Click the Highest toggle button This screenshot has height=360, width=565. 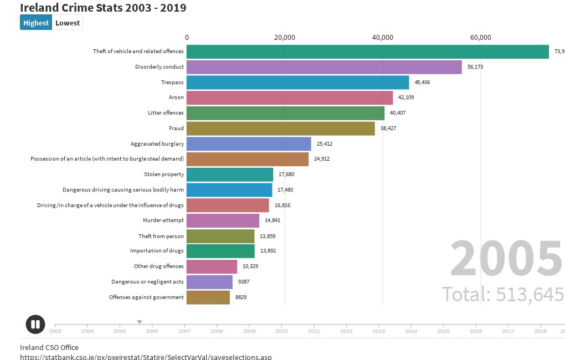pos(36,23)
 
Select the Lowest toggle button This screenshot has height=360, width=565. pos(68,23)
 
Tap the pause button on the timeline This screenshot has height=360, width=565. pos(35,325)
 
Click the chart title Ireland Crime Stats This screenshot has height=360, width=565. pos(103,8)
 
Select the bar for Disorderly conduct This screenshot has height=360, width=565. pos(324,67)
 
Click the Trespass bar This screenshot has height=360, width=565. pos(297,83)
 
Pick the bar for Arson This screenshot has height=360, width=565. pos(290,98)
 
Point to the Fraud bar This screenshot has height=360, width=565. pos(280,128)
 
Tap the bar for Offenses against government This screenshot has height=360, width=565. pos(208,297)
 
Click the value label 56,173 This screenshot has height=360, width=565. pos(475,67)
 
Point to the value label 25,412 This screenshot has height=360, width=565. pos(325,144)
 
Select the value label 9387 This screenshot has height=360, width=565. pos(244,282)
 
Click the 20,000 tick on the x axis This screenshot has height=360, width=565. pos(284,38)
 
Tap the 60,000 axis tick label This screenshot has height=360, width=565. pos(480,38)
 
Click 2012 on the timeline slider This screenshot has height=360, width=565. pos(346,331)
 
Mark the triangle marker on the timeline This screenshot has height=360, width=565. pos(140,322)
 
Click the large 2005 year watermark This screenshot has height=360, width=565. pos(506,259)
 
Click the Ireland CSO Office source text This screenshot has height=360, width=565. pos(49,347)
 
